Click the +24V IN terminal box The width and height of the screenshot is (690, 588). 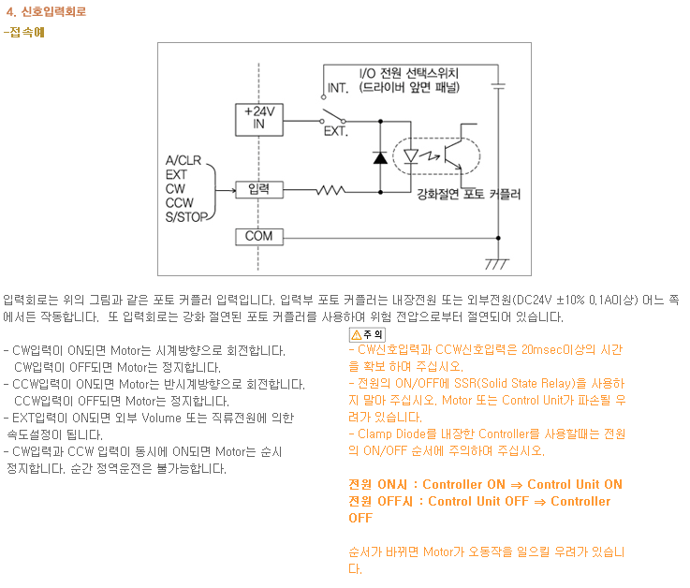(x=258, y=120)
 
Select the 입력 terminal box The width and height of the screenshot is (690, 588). (x=258, y=190)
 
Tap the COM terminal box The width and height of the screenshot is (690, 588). (x=258, y=237)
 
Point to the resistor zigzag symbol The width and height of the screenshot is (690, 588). (x=330, y=191)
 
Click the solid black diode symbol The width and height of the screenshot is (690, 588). (x=380, y=157)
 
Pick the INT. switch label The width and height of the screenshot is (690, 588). (x=338, y=88)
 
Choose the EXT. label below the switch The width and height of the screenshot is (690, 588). (x=336, y=131)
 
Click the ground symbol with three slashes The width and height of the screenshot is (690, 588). (x=497, y=264)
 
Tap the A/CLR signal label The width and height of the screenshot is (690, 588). (x=184, y=160)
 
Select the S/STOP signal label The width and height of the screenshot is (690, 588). (x=186, y=217)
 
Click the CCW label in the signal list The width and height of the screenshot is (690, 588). (x=179, y=203)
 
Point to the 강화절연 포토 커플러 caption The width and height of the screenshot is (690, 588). (x=469, y=194)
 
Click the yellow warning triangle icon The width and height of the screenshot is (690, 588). (x=357, y=335)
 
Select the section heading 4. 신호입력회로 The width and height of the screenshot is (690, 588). (x=46, y=11)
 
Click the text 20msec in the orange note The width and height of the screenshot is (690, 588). (x=542, y=350)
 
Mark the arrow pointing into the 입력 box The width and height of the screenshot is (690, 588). (x=226, y=191)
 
